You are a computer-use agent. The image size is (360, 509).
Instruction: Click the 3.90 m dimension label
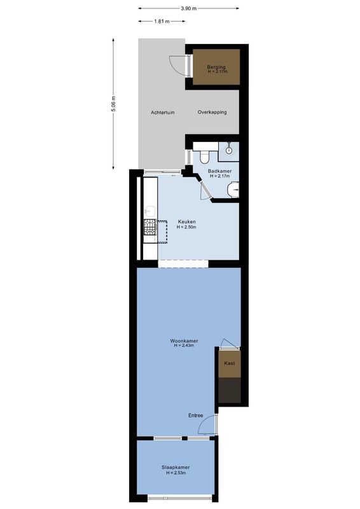(x=188, y=8)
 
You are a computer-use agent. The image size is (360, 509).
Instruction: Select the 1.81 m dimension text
(x=162, y=21)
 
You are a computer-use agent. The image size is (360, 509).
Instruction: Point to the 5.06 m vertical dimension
(x=113, y=104)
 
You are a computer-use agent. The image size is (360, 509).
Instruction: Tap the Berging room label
(x=216, y=67)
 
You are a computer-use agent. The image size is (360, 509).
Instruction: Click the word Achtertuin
(x=163, y=113)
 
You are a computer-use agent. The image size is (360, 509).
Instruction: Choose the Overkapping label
(x=212, y=113)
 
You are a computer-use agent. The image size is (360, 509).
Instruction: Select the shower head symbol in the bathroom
(x=229, y=150)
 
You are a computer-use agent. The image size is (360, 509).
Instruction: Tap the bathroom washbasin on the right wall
(x=235, y=189)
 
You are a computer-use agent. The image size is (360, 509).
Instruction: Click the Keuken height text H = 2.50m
(x=187, y=227)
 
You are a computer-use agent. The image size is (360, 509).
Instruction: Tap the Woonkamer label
(x=182, y=340)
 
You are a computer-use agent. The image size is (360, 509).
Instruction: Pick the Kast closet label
(x=230, y=363)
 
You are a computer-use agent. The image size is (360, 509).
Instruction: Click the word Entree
(x=195, y=415)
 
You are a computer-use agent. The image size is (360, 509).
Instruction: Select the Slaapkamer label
(x=176, y=468)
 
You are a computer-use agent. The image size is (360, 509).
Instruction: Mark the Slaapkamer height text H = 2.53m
(x=176, y=473)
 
